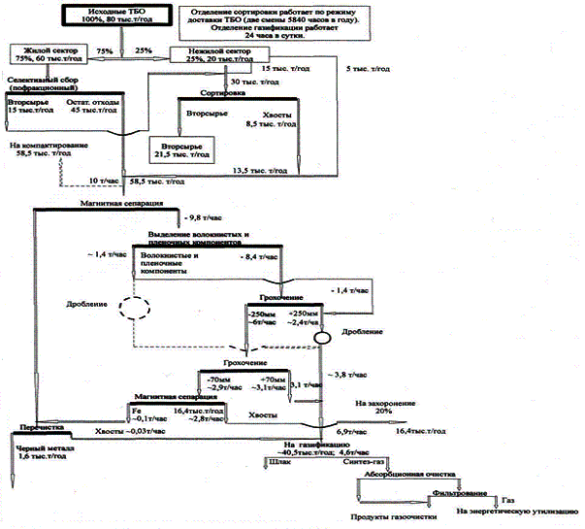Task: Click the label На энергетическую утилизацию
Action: pos(504,512)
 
